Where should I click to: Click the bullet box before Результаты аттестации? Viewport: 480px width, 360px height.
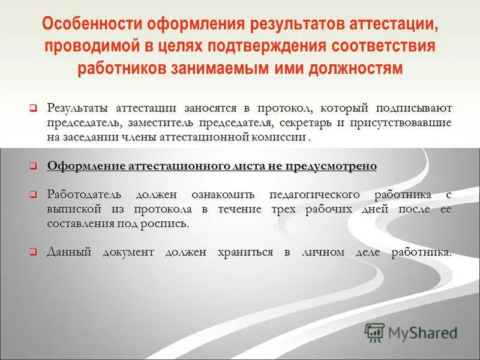point(34,108)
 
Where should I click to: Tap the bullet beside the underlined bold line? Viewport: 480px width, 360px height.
point(34,166)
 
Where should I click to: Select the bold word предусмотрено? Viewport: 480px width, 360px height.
point(338,166)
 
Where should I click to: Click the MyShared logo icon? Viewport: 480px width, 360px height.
point(374,332)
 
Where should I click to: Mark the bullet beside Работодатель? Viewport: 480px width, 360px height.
point(34,195)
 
